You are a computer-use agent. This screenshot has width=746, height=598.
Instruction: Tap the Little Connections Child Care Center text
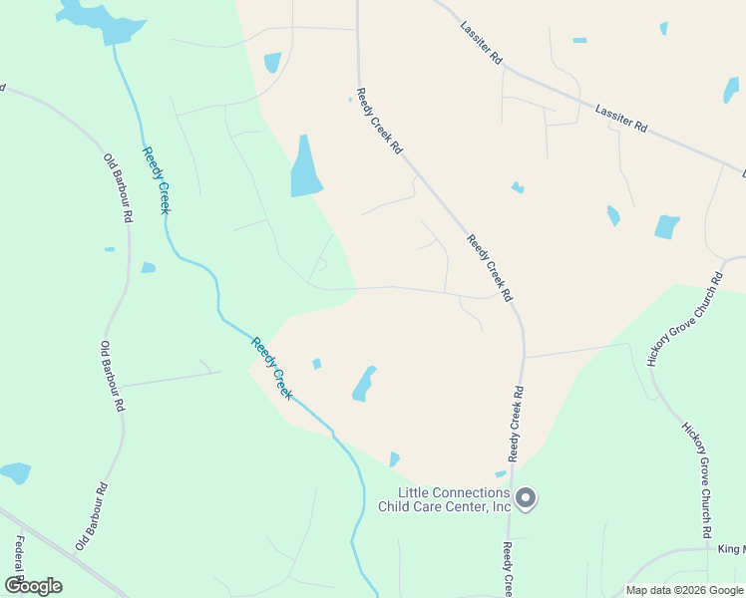pos(444,499)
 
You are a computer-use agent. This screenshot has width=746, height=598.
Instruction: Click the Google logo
pos(34,586)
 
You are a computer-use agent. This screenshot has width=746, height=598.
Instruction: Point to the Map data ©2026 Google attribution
pos(684,590)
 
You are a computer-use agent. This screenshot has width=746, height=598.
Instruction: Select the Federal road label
pos(19,560)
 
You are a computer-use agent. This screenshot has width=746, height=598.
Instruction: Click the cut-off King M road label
pos(731,548)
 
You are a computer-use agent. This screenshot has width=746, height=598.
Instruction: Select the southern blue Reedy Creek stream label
pos(272,369)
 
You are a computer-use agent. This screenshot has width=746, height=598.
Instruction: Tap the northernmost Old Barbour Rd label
pos(118,187)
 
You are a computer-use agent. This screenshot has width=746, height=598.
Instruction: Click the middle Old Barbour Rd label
pos(112,377)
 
